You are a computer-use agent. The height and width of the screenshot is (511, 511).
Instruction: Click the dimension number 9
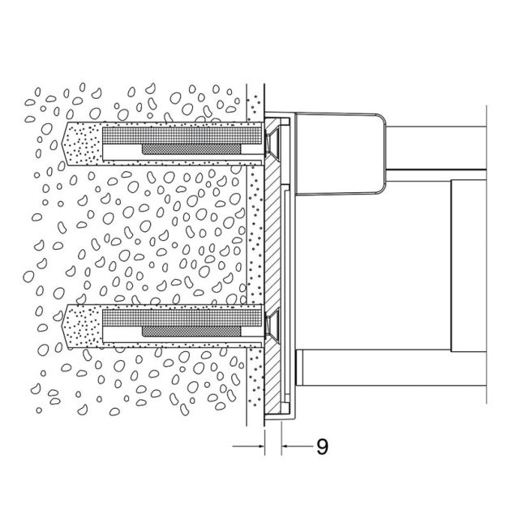point(322,446)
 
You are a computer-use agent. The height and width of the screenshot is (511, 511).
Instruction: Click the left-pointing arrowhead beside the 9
point(286,446)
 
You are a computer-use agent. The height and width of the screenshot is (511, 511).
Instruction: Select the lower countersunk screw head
point(270,324)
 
